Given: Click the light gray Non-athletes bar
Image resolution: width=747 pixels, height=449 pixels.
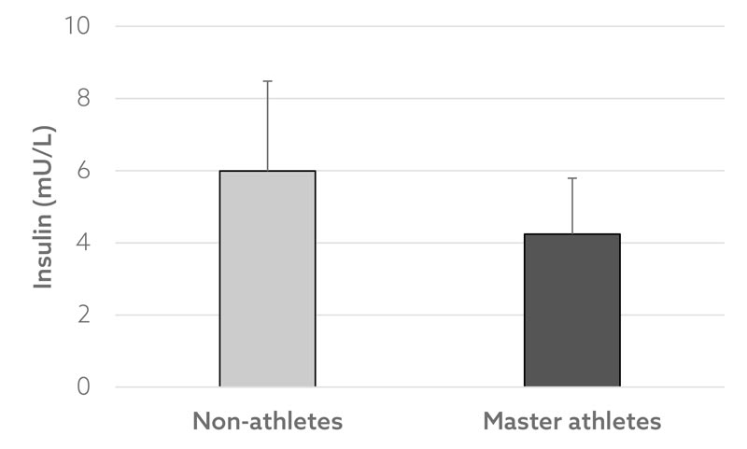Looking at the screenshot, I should coord(267,280).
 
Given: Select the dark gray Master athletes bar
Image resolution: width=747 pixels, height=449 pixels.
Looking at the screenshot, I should coord(571,311).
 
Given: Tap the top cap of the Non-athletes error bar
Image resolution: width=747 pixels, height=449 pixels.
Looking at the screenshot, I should coord(267,81).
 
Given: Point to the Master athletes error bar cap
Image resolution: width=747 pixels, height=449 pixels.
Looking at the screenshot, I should coord(571,177).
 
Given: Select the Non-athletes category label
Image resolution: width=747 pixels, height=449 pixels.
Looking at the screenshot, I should coord(267,421).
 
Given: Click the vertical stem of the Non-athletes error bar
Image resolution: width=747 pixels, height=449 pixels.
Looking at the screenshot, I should coord(267,126).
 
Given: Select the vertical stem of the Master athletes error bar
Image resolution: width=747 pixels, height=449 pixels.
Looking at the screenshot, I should coord(571,205).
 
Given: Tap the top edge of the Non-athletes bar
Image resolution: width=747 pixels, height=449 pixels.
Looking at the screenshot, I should coord(267,171).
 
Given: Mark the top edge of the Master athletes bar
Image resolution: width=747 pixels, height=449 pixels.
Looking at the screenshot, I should coord(571,234).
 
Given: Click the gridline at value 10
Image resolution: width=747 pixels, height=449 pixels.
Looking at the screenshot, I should coord(420,26).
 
